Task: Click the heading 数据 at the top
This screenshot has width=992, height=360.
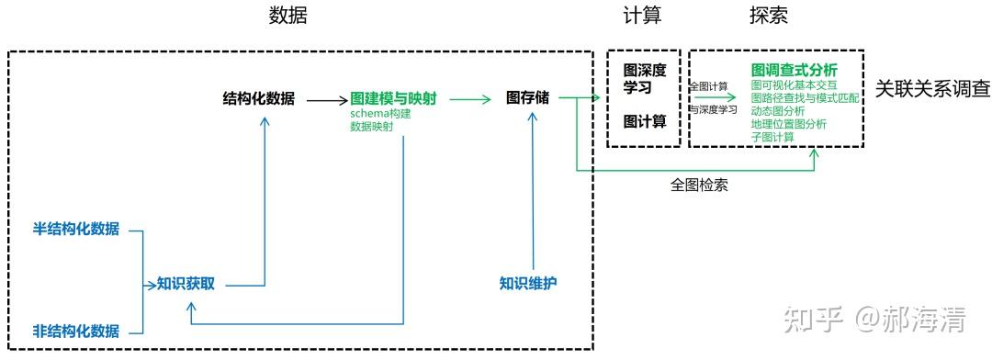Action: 287,17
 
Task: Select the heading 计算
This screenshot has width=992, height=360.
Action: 642,17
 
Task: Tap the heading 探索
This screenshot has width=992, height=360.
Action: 769,17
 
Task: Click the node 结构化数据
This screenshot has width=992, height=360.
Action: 259,97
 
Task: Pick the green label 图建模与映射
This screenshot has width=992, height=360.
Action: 393,97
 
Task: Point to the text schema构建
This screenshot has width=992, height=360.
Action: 380,113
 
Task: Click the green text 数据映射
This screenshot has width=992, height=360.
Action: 372,126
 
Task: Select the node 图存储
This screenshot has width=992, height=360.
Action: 527,97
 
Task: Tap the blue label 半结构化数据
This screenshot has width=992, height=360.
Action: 76,230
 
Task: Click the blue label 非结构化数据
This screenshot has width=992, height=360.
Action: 76,331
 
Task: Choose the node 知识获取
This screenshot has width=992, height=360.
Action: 186,284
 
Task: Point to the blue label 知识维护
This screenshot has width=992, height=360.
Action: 528,283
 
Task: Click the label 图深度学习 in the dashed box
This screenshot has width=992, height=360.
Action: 644,78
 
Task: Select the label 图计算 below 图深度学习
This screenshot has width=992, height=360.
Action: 644,120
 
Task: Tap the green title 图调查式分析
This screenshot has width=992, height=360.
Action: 794,70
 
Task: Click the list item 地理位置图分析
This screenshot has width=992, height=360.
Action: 788,124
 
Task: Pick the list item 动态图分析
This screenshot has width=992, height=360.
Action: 777,110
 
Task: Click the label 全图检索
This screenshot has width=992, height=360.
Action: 700,185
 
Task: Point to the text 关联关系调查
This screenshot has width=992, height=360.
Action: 931,90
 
